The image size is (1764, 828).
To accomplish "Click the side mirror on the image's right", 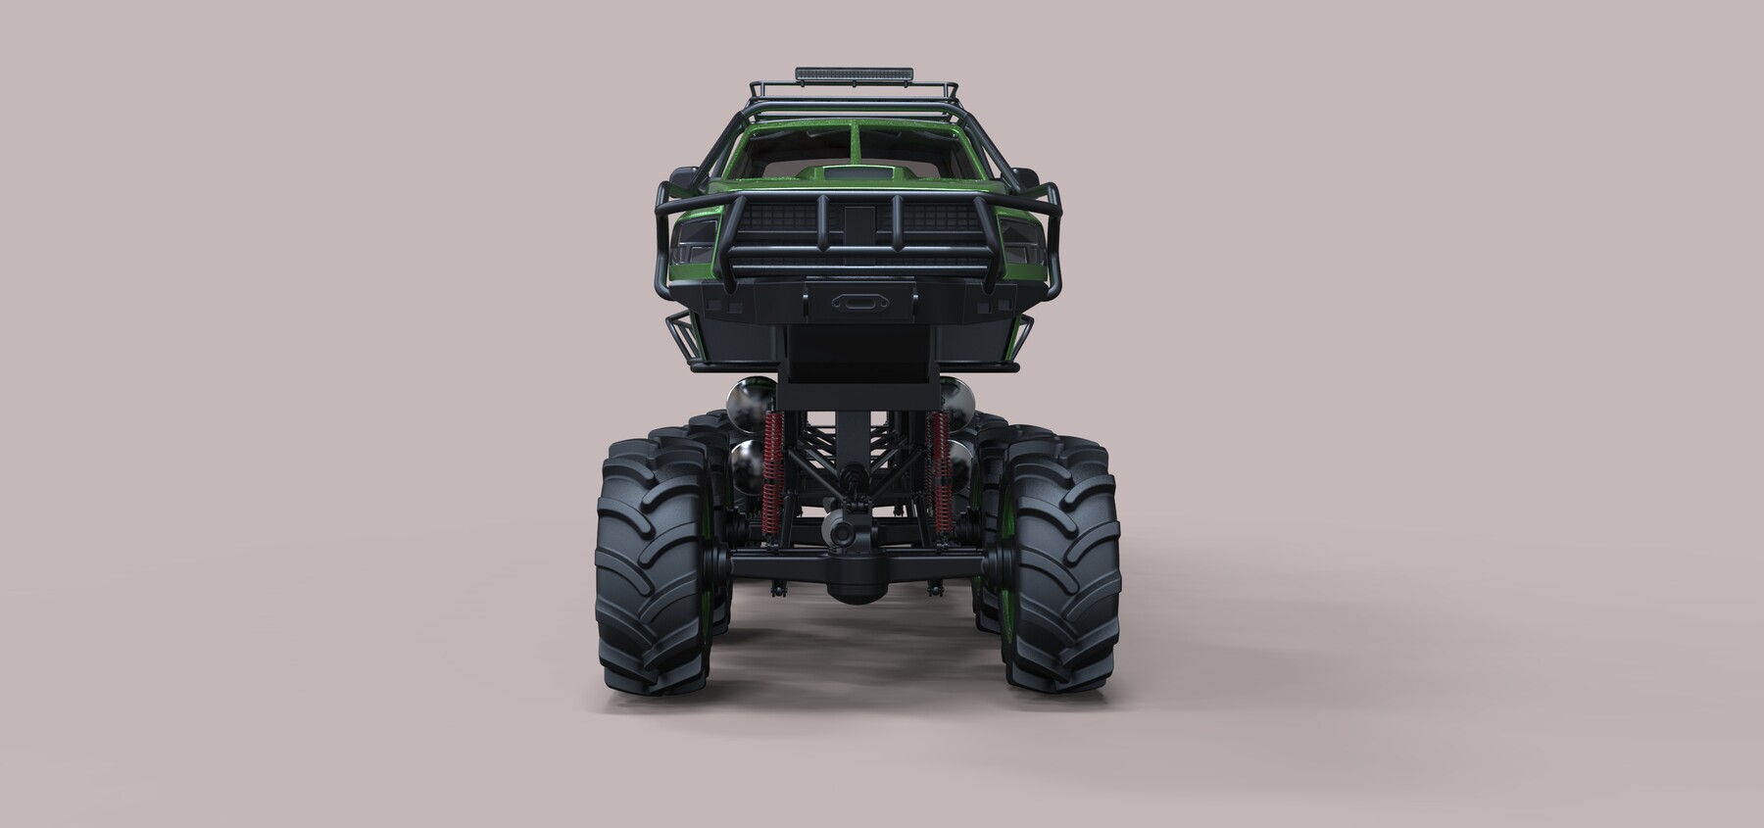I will [x=1026, y=181].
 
